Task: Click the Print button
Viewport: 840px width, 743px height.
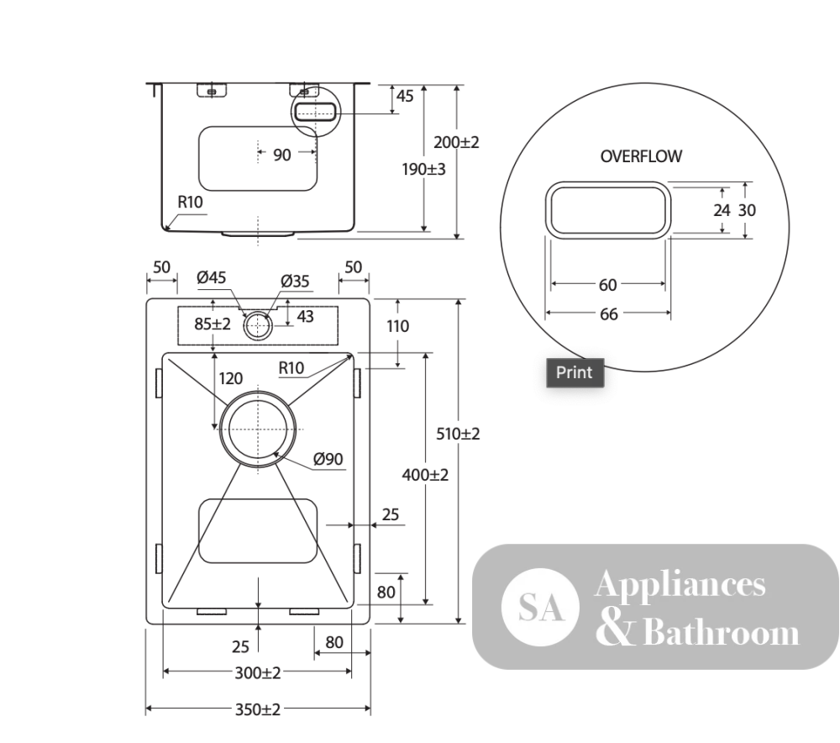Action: tap(575, 372)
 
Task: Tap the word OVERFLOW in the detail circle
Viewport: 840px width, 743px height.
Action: tap(641, 156)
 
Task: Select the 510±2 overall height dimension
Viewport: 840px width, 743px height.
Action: tap(458, 434)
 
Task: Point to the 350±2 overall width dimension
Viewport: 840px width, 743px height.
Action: tap(258, 709)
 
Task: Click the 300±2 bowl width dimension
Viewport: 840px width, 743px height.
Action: tap(258, 672)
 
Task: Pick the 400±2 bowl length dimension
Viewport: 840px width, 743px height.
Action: tap(425, 475)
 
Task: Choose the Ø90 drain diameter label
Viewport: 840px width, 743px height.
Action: tap(328, 459)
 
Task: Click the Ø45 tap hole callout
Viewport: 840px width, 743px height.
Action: tap(212, 277)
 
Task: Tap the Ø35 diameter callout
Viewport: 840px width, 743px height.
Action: tap(295, 281)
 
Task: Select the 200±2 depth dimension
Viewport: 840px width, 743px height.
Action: tap(456, 143)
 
